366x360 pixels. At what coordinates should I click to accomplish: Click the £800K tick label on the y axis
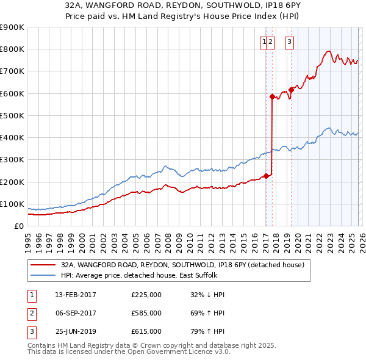pyautogui.click(x=12, y=49)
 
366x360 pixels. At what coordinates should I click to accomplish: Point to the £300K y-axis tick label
pyautogui.click(x=12, y=160)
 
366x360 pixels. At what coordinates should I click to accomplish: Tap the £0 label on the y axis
pyautogui.click(x=18, y=226)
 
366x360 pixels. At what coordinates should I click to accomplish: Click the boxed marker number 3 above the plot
pyautogui.click(x=289, y=42)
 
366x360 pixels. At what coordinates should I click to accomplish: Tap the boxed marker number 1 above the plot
pyautogui.click(x=265, y=42)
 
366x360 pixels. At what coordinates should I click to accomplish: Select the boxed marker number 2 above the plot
pyautogui.click(x=271, y=42)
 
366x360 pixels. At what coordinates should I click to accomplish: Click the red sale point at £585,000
pyautogui.click(x=272, y=96)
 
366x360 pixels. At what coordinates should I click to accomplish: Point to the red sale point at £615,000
pyautogui.click(x=292, y=90)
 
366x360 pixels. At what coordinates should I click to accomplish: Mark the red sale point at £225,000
pyautogui.click(x=266, y=176)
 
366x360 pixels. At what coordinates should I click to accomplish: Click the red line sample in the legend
pyautogui.click(x=43, y=265)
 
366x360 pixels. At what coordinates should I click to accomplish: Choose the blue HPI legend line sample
pyautogui.click(x=43, y=275)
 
